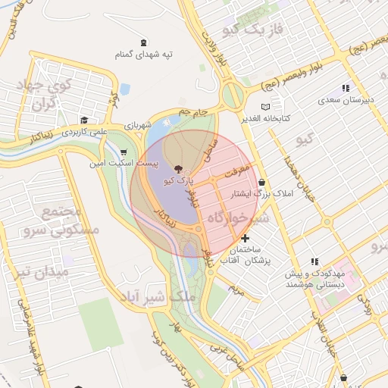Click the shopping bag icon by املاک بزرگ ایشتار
[x=261, y=182]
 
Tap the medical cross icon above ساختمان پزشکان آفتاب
[x=245, y=239]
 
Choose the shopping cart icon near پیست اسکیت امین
[x=124, y=152]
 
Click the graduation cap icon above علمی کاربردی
[x=84, y=120]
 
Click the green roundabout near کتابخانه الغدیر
[x=233, y=95]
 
